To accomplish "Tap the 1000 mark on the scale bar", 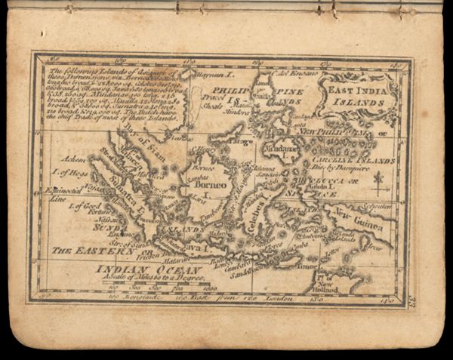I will coord(209,288).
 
